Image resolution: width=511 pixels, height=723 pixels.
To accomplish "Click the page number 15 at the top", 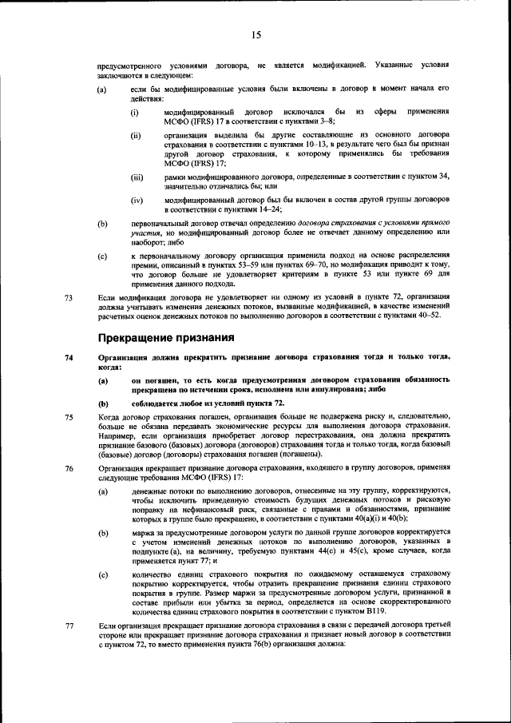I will pyautogui.click(x=255, y=34).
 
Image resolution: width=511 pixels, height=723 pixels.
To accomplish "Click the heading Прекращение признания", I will pyautogui.click(x=165, y=337).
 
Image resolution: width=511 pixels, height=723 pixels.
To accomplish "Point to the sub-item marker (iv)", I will pyautogui.click(x=137, y=199).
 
